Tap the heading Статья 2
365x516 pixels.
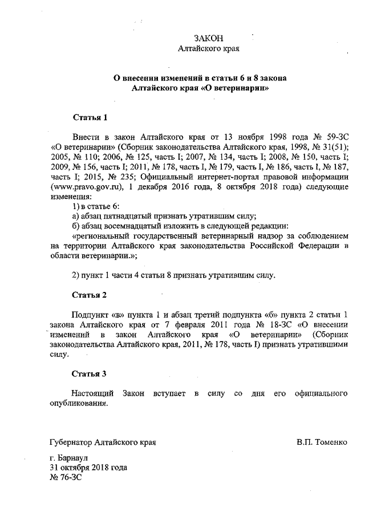pos(90,295)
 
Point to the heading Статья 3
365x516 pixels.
pos(90,374)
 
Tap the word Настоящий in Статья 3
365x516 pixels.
pos(91,394)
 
